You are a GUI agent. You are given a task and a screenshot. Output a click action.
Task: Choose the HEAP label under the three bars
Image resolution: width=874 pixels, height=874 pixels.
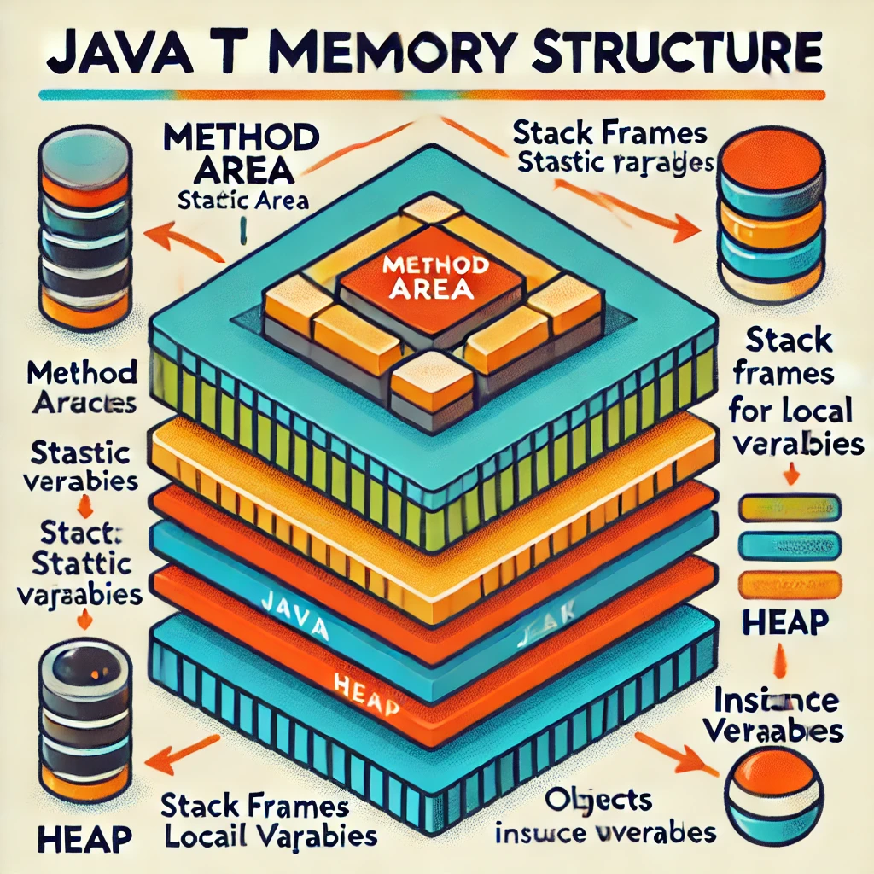[785, 622]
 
